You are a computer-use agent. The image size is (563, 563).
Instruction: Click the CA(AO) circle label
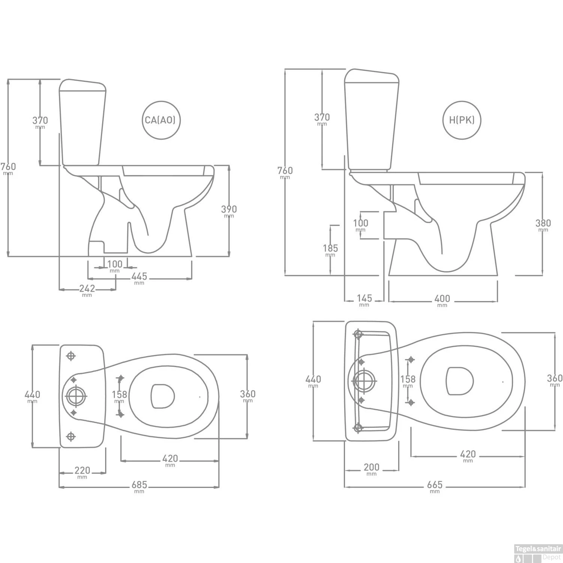pos(160,120)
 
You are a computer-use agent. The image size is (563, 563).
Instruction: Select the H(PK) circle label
pos(462,120)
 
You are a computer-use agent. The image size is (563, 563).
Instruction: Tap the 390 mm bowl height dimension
pos(229,209)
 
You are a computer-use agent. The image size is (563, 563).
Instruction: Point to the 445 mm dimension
pos(139,277)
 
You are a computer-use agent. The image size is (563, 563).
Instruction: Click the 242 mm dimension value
pos(87,289)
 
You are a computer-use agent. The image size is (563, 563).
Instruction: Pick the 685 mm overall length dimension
pos(139,485)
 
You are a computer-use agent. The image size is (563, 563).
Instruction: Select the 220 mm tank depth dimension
pos(82,471)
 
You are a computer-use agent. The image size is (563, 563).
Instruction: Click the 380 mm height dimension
pos(543,224)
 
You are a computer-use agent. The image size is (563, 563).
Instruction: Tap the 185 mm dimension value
pos(330,248)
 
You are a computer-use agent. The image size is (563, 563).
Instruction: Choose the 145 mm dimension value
pos(364,299)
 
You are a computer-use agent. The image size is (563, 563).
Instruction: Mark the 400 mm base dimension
pos(442,299)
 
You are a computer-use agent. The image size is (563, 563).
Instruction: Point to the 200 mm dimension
pos(371,468)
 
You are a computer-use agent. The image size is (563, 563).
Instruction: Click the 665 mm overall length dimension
pos(435,485)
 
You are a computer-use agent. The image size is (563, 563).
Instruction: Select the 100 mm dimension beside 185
pos(360,223)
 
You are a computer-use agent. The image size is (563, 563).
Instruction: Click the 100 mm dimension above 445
pos(115,265)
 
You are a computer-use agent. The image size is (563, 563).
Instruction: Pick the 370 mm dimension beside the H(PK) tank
pos(322,117)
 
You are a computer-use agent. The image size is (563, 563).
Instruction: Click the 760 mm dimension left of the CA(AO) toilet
pos(8,167)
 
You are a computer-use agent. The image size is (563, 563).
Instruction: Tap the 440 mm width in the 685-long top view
pos(32,395)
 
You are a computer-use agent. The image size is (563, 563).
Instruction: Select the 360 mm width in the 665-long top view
pos(554,378)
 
